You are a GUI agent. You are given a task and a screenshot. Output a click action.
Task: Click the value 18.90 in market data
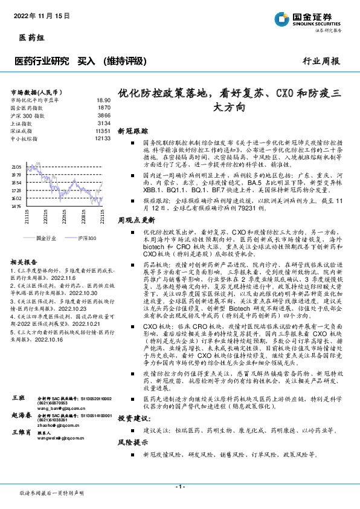(x=103, y=100)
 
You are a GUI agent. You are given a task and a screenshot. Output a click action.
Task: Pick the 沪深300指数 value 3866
(x=104, y=115)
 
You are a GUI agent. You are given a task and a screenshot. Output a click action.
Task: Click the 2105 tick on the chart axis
(x=16, y=166)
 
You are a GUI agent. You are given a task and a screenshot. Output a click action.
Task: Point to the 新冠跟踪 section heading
(x=132, y=131)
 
